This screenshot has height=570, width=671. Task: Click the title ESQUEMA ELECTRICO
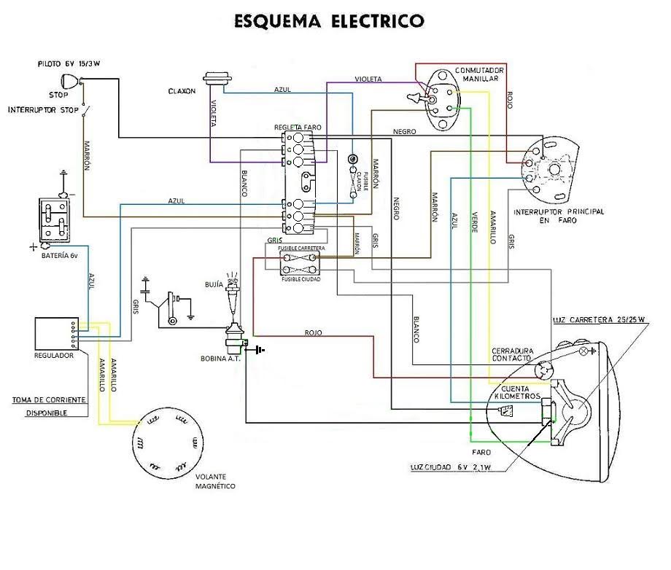click(x=329, y=20)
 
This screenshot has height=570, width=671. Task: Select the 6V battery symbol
click(x=55, y=219)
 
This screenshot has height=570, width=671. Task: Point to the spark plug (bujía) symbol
click(x=233, y=294)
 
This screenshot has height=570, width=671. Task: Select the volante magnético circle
click(x=164, y=440)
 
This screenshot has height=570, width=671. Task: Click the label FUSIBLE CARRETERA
click(x=301, y=249)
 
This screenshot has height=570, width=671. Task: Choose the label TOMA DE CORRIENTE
click(x=48, y=400)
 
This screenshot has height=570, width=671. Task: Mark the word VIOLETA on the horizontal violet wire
click(x=368, y=79)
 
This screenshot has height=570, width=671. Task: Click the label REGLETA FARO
click(x=297, y=127)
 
